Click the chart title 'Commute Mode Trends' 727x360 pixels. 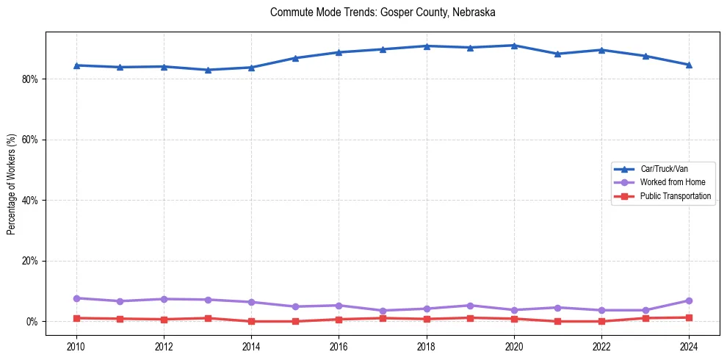pyautogui.click(x=383, y=12)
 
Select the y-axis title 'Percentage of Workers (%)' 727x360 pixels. pyautogui.click(x=11, y=184)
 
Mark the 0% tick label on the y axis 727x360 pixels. pyautogui.click(x=30, y=322)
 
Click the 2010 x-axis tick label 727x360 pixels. pyautogui.click(x=76, y=346)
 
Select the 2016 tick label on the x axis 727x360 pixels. pyautogui.click(x=339, y=346)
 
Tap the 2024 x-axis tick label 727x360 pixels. pyautogui.click(x=689, y=346)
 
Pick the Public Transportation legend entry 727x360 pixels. pyautogui.click(x=675, y=196)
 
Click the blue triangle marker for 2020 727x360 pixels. pyautogui.click(x=514, y=46)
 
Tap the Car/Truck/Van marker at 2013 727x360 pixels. pyautogui.click(x=208, y=70)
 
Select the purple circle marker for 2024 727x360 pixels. pyautogui.click(x=689, y=300)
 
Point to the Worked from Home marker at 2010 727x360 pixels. pyautogui.click(x=76, y=298)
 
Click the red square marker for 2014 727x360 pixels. pyautogui.click(x=251, y=321)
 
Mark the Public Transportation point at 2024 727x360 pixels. pyautogui.click(x=689, y=317)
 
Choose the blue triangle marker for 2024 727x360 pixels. pyautogui.click(x=689, y=65)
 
